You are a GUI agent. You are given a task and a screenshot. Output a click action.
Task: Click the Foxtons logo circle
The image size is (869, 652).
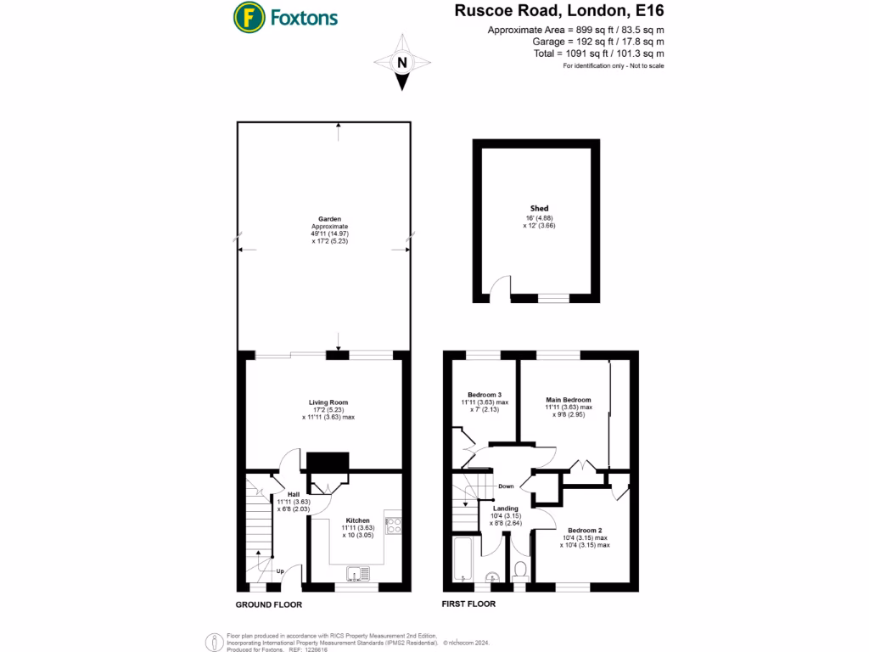[x=248, y=16]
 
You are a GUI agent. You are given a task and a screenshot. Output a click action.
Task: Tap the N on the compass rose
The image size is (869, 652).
[x=403, y=62]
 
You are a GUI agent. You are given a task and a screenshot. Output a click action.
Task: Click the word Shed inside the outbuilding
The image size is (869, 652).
[x=539, y=209]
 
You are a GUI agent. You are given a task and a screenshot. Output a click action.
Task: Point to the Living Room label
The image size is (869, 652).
[x=328, y=402]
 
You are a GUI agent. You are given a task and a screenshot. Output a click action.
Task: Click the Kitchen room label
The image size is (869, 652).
[x=357, y=520]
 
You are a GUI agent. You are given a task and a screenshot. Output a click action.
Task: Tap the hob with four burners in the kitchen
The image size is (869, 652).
[x=393, y=525]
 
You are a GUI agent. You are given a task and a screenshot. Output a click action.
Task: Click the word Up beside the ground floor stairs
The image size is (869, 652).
[x=280, y=570]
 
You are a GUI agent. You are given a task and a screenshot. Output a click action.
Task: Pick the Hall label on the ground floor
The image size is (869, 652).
[x=293, y=494]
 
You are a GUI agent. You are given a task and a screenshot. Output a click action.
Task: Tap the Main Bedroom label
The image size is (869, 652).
[x=568, y=400]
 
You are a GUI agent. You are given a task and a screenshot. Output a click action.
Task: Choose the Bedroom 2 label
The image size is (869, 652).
[x=584, y=530]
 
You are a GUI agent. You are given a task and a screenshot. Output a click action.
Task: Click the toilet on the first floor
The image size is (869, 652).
[x=521, y=567]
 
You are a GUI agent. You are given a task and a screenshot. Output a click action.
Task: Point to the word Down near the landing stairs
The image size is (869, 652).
[x=506, y=486]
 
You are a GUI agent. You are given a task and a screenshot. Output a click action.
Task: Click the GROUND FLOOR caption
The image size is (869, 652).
[x=268, y=605]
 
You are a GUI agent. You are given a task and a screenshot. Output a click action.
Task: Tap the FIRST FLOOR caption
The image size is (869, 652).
[x=468, y=604]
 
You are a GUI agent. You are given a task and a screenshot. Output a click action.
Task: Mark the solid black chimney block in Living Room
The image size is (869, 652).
[x=328, y=462]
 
